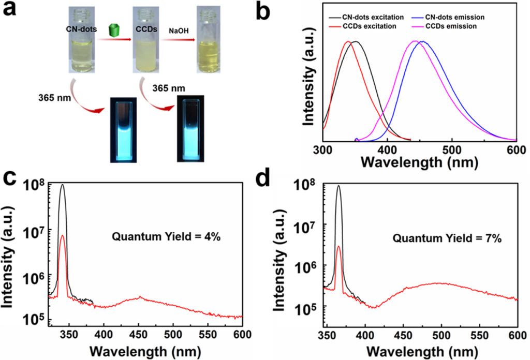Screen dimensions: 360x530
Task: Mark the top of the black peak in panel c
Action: pos(63,185)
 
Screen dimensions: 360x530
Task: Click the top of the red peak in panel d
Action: pos(338,247)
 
